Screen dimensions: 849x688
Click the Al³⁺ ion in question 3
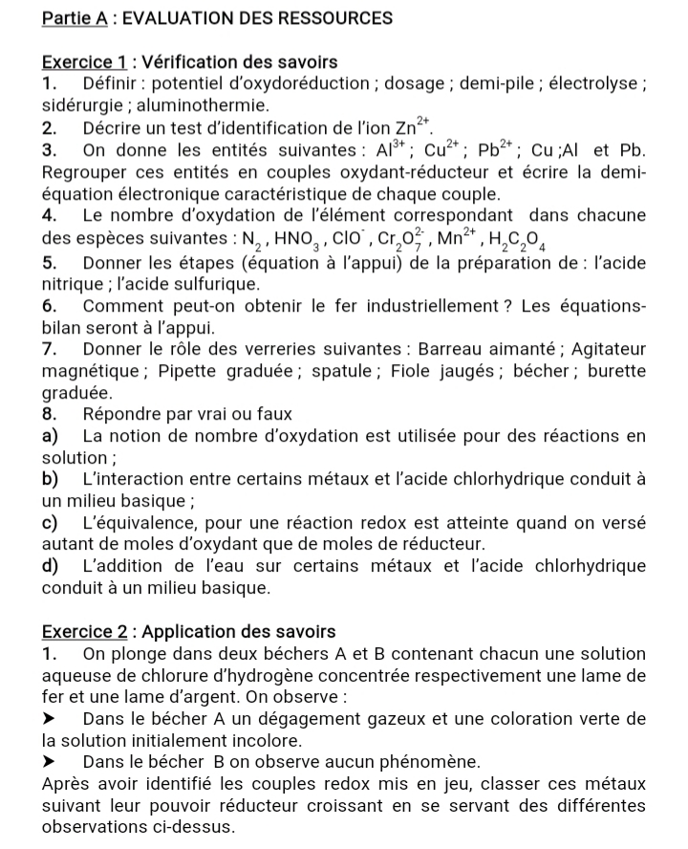point(392,149)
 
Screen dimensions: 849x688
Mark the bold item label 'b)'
point(52,478)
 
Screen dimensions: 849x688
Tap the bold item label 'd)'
point(53,566)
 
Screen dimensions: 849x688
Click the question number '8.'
point(52,414)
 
